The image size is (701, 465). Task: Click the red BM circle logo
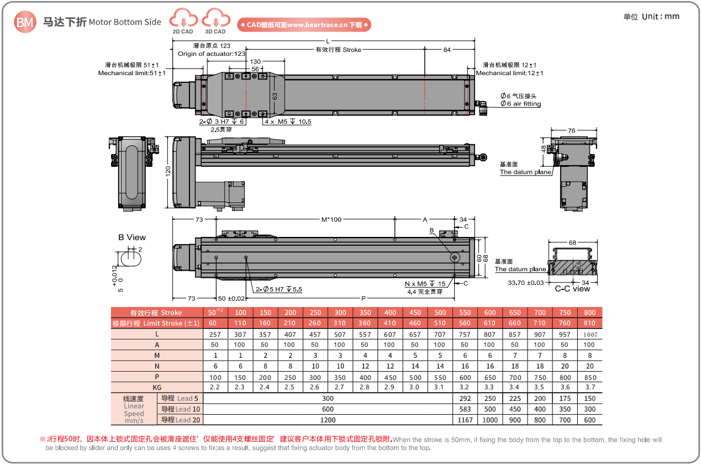click(25, 22)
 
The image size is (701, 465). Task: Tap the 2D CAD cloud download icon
click(183, 18)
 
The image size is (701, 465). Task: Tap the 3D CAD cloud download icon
click(216, 18)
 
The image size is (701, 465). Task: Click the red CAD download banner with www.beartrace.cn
click(304, 25)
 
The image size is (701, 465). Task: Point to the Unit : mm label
click(660, 16)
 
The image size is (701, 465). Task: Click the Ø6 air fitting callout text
click(520, 104)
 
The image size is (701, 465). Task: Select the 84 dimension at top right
click(447, 50)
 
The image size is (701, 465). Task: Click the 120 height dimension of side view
click(168, 171)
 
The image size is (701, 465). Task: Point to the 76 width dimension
click(571, 130)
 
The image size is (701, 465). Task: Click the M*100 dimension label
click(331, 220)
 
